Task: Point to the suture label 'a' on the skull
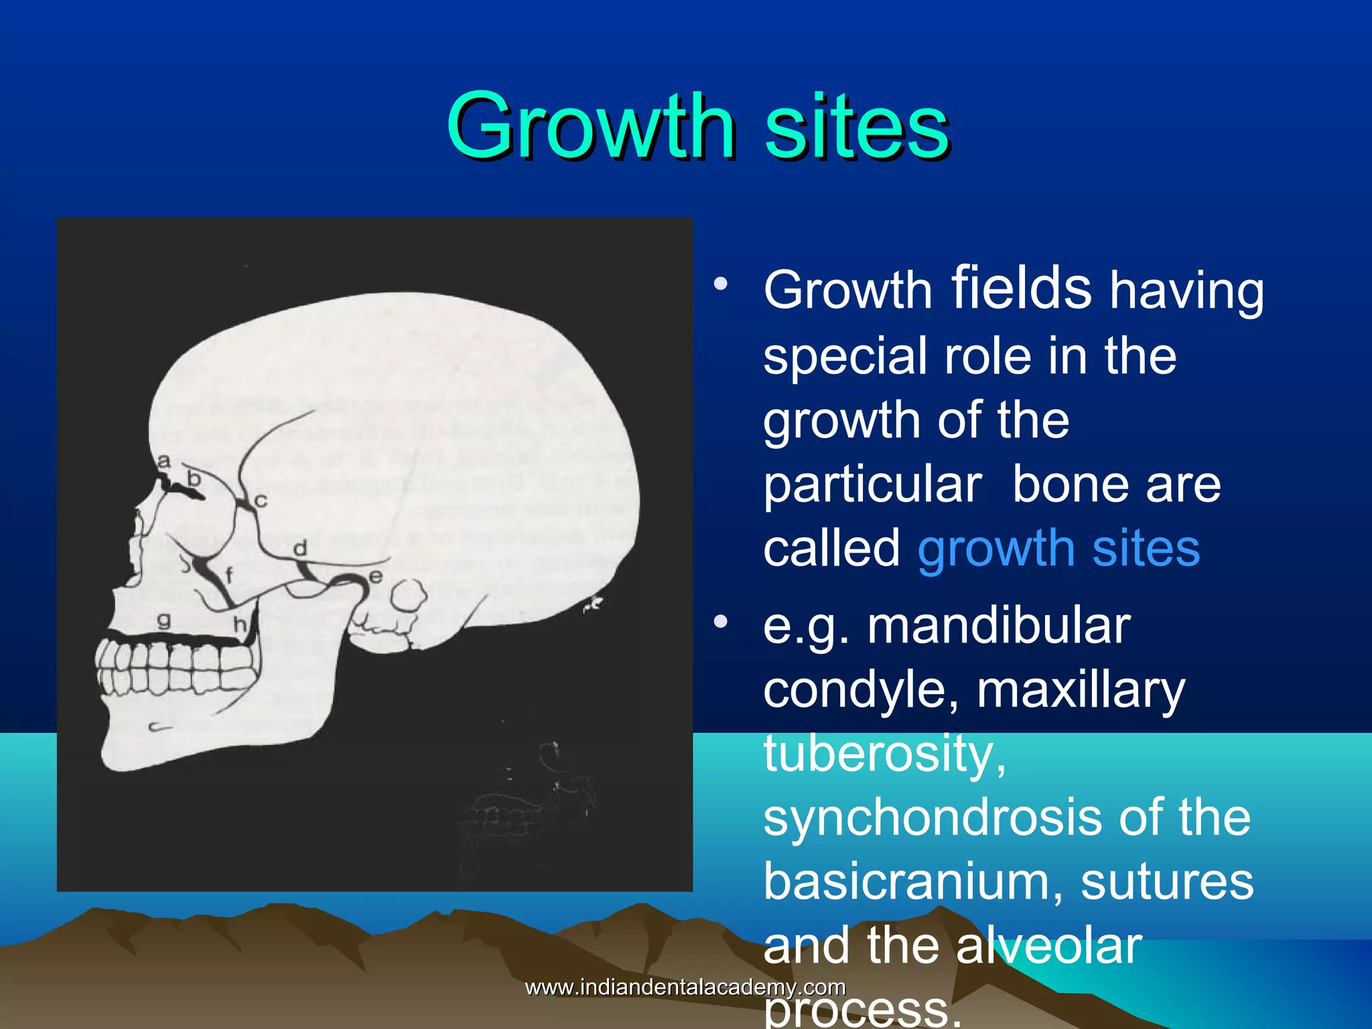pyautogui.click(x=163, y=461)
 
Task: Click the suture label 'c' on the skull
pyautogui.click(x=261, y=500)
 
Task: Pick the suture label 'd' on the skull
pyautogui.click(x=300, y=549)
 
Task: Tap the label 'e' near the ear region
pyautogui.click(x=375, y=576)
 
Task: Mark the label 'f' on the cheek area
pyautogui.click(x=229, y=575)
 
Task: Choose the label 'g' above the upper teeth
pyautogui.click(x=163, y=620)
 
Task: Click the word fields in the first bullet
pyautogui.click(x=1021, y=288)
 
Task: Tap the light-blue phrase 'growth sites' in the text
pyautogui.click(x=1058, y=549)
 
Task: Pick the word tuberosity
pyautogui.click(x=884, y=754)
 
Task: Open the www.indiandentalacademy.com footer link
pyautogui.click(x=685, y=987)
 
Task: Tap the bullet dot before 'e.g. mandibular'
pyautogui.click(x=720, y=622)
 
